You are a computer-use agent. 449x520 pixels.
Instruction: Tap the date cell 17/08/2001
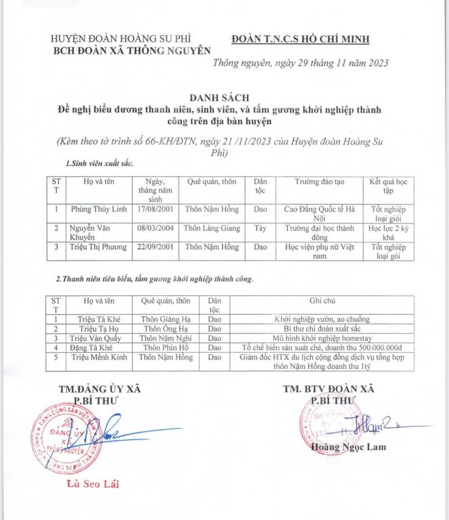click(x=156, y=209)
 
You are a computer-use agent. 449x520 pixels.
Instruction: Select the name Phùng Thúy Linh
click(x=99, y=209)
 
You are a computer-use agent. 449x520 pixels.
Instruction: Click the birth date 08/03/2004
click(x=156, y=229)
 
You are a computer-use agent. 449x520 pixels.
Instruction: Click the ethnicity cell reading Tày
click(x=260, y=229)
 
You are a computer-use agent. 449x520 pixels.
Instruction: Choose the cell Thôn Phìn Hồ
click(x=165, y=347)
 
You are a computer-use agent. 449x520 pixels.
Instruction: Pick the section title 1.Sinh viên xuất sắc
click(x=100, y=164)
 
